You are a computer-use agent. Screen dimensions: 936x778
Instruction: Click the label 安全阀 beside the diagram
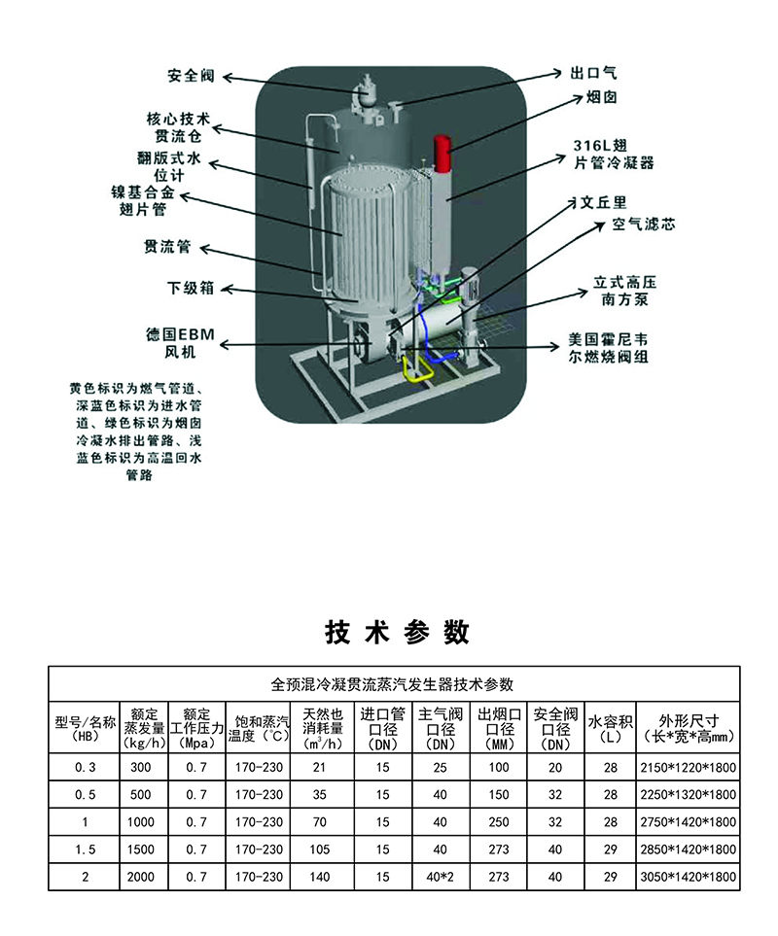click(x=190, y=75)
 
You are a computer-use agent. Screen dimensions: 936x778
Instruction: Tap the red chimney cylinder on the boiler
click(x=438, y=155)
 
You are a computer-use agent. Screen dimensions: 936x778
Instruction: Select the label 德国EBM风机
click(x=182, y=342)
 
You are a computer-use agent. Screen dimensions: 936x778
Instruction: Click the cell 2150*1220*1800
click(x=688, y=768)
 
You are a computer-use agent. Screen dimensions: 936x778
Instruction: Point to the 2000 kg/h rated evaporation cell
click(x=141, y=877)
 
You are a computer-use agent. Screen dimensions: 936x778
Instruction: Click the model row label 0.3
click(x=85, y=768)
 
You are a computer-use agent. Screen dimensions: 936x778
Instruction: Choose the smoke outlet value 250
click(x=499, y=822)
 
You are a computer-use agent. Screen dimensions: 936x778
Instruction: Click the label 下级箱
click(x=190, y=289)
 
